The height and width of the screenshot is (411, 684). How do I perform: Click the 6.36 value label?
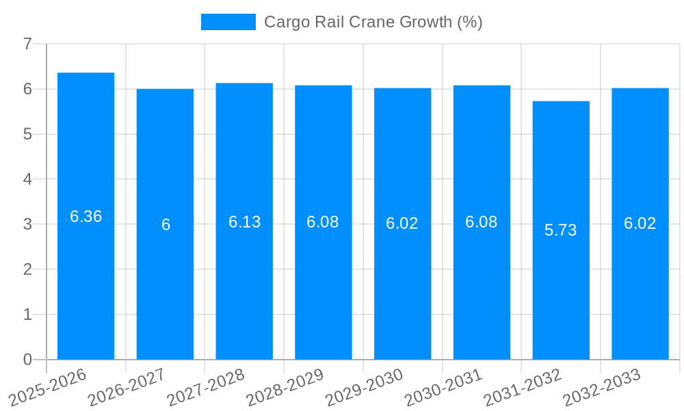tap(85, 216)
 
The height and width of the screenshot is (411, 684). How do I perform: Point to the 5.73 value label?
tap(561, 230)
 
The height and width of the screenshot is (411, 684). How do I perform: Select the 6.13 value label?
tap(244, 222)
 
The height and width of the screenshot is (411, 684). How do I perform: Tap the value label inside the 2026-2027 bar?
tap(166, 225)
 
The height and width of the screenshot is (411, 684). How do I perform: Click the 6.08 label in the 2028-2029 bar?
tap(323, 222)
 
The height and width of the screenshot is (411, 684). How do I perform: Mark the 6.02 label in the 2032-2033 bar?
tap(640, 223)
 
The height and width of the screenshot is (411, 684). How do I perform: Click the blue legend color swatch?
tap(228, 22)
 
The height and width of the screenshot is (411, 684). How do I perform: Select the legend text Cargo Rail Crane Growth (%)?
tap(373, 22)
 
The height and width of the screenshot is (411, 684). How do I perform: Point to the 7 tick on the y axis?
tap(27, 44)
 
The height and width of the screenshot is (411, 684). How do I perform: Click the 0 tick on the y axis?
tap(27, 360)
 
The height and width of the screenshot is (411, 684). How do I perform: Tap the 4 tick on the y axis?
tap(27, 179)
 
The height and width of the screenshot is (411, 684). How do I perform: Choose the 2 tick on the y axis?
tap(27, 269)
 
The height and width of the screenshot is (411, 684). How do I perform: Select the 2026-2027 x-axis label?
tap(127, 388)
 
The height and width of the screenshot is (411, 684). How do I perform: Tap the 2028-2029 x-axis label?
tap(286, 388)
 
